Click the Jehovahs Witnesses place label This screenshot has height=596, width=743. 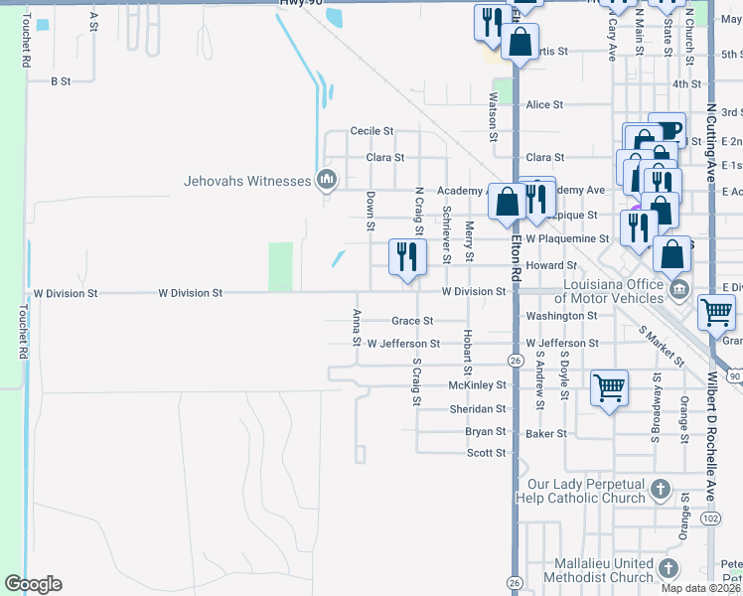click(x=248, y=181)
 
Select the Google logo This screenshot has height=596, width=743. click(x=33, y=584)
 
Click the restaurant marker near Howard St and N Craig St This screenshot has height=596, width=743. click(x=406, y=257)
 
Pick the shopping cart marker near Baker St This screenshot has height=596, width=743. click(x=609, y=387)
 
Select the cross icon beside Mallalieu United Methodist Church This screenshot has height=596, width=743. click(x=669, y=568)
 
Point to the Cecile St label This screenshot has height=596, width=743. click(x=372, y=131)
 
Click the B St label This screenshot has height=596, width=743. click(x=62, y=80)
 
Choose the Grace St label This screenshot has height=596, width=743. click(x=412, y=321)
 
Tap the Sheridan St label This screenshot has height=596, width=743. click(x=477, y=409)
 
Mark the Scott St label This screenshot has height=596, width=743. click(x=487, y=453)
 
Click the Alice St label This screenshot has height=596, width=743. click(x=544, y=104)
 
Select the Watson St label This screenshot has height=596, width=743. click(x=492, y=117)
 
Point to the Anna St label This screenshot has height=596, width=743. click(x=357, y=328)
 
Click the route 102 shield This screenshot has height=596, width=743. click(x=710, y=518)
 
